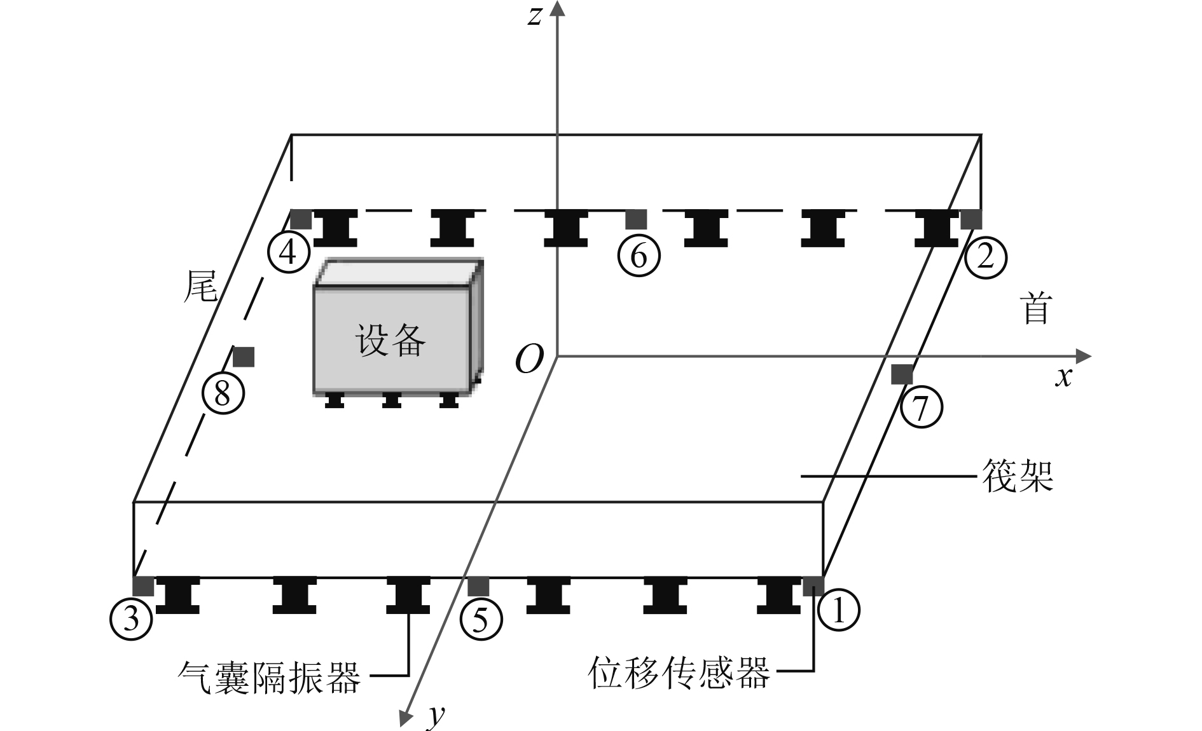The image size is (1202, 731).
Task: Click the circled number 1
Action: (838, 610)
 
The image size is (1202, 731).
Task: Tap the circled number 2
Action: (985, 257)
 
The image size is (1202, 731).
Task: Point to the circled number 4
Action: (288, 254)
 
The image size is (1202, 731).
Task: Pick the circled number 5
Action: (481, 618)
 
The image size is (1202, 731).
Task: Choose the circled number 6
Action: (639, 256)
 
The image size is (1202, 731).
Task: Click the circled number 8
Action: (223, 393)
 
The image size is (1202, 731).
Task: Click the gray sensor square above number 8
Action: (244, 357)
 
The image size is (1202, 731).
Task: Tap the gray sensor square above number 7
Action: (902, 374)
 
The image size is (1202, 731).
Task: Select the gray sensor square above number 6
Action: (636, 219)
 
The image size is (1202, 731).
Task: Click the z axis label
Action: (535, 16)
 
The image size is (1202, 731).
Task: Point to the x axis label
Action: (1063, 377)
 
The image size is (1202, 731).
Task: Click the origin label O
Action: (529, 359)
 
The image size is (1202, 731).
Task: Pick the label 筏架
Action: (1018, 475)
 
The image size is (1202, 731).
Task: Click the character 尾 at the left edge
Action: (200, 287)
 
